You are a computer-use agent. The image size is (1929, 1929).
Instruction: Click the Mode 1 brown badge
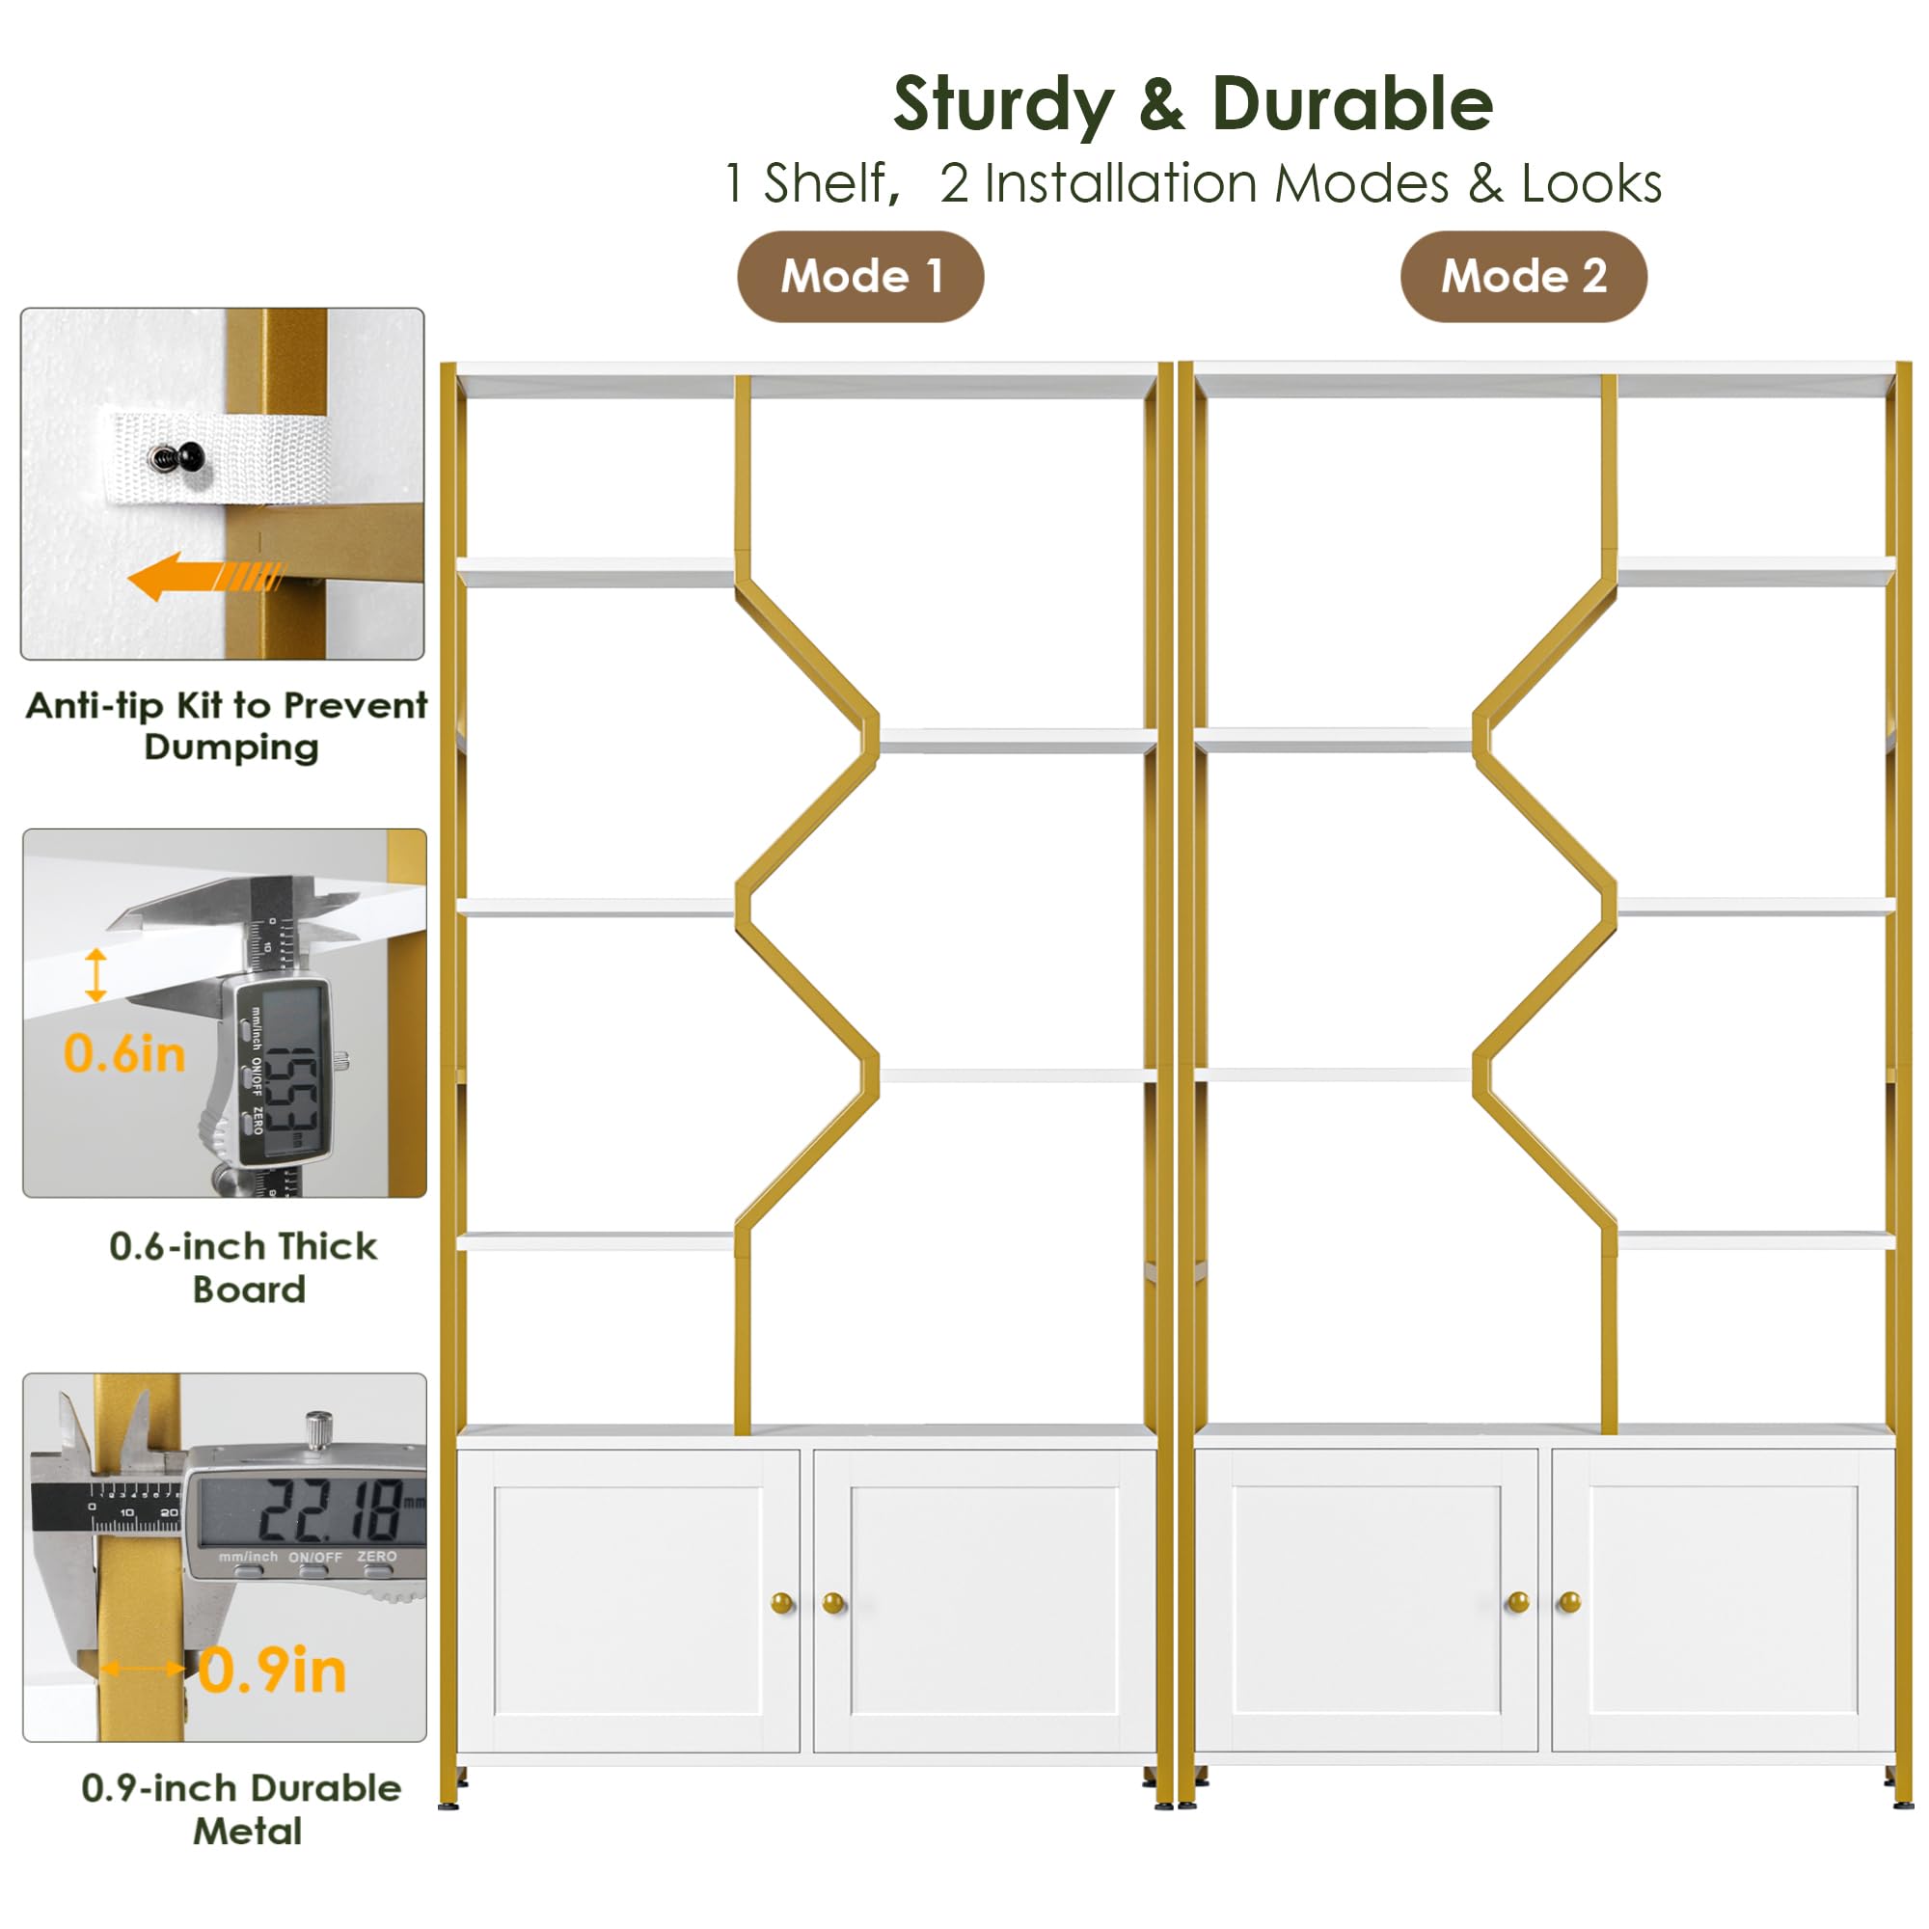pyautogui.click(x=859, y=277)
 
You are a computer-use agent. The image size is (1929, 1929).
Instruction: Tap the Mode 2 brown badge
pyautogui.click(x=1523, y=277)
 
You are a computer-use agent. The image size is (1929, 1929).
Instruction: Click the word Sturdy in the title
pyautogui.click(x=1002, y=105)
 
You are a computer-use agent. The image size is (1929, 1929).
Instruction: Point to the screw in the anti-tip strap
pyautogui.click(x=178, y=458)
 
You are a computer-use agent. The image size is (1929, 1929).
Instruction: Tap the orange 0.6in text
pyautogui.click(x=124, y=1054)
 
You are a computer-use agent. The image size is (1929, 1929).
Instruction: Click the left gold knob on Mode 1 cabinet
pyautogui.click(x=782, y=1604)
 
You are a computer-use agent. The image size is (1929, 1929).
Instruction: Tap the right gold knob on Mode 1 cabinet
pyautogui.click(x=832, y=1604)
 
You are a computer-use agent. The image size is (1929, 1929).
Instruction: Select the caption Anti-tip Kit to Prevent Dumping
pyautogui.click(x=228, y=726)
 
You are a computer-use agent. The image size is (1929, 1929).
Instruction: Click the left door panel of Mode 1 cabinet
pyautogui.click(x=629, y=1602)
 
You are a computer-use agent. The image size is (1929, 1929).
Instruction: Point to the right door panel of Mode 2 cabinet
pyautogui.click(x=1724, y=1602)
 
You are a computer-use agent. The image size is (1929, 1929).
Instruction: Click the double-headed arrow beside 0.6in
pyautogui.click(x=95, y=975)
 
